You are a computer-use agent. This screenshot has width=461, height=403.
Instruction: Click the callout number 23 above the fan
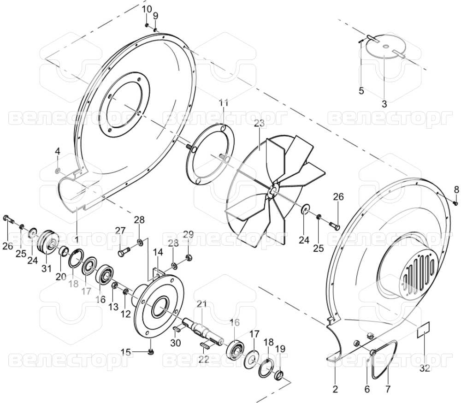[x=259, y=124]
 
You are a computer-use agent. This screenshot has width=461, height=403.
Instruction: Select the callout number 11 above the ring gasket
[x=224, y=103]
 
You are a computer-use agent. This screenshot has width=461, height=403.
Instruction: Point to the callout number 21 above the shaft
[x=202, y=304]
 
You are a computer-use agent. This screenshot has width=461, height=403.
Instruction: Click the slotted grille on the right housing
[x=419, y=270]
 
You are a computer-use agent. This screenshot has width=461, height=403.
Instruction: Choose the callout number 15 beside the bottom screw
[x=126, y=352]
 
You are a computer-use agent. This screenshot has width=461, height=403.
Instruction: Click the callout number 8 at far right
[x=456, y=190]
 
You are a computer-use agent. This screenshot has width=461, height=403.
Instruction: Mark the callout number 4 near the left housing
[x=58, y=152]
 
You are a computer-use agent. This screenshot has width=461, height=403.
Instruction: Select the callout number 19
[x=280, y=349]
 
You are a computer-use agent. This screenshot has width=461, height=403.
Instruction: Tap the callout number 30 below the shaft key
[x=176, y=343]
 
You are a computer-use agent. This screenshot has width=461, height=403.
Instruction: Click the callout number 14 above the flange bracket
[x=158, y=252]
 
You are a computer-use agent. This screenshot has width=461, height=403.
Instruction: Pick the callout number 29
[x=189, y=234]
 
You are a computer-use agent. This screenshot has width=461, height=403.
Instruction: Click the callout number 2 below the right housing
[x=335, y=389]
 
